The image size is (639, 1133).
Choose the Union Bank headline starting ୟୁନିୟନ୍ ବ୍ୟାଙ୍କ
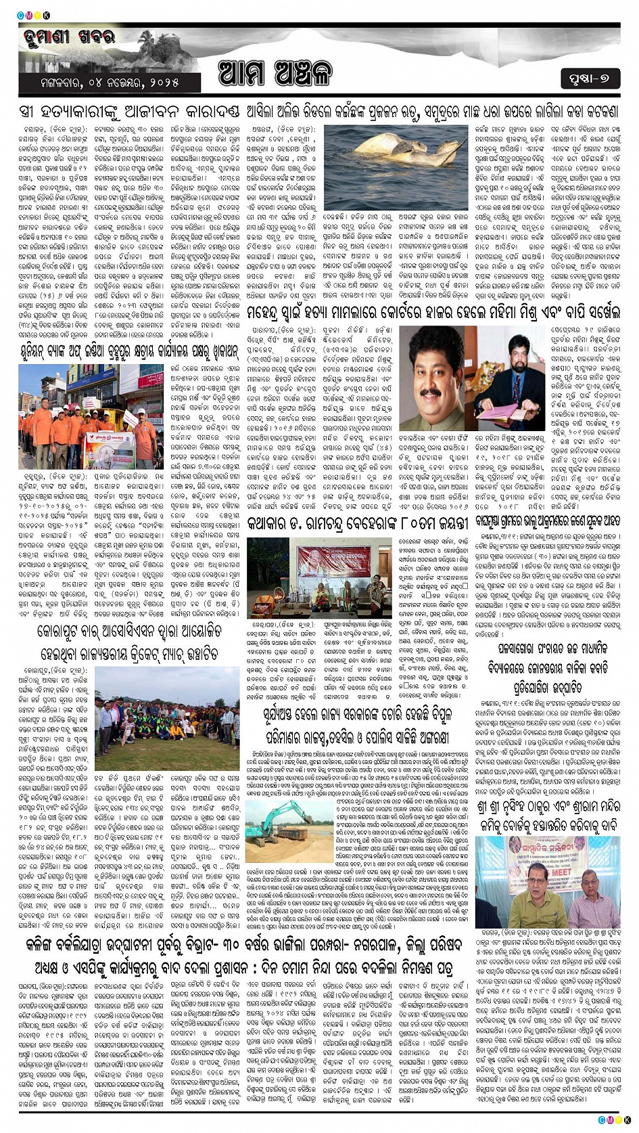point(128,352)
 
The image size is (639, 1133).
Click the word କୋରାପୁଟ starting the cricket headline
point(62,631)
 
